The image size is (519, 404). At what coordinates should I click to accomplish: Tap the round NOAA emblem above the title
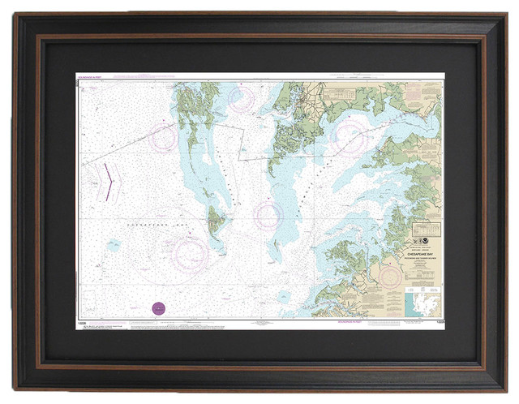click(430, 240)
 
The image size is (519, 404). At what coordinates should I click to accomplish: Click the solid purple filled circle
click(159, 307)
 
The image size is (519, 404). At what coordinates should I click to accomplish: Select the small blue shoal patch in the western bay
click(114, 243)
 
